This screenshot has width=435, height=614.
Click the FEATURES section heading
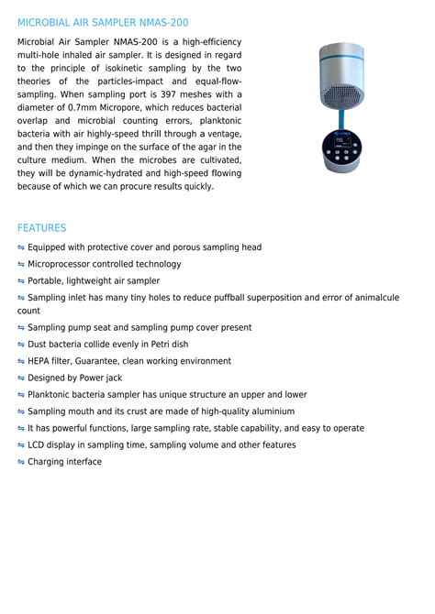click(x=41, y=227)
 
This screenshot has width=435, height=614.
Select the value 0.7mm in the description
click(x=86, y=107)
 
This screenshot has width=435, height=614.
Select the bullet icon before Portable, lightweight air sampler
click(x=21, y=281)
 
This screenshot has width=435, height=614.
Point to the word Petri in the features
click(x=152, y=345)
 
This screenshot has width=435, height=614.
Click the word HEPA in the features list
click(x=40, y=361)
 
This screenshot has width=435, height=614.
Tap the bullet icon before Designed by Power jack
click(x=21, y=378)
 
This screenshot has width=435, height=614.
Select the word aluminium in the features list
click(x=272, y=411)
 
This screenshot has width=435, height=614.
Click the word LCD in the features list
click(x=37, y=445)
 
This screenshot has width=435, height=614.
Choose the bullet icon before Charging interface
click(x=21, y=462)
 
